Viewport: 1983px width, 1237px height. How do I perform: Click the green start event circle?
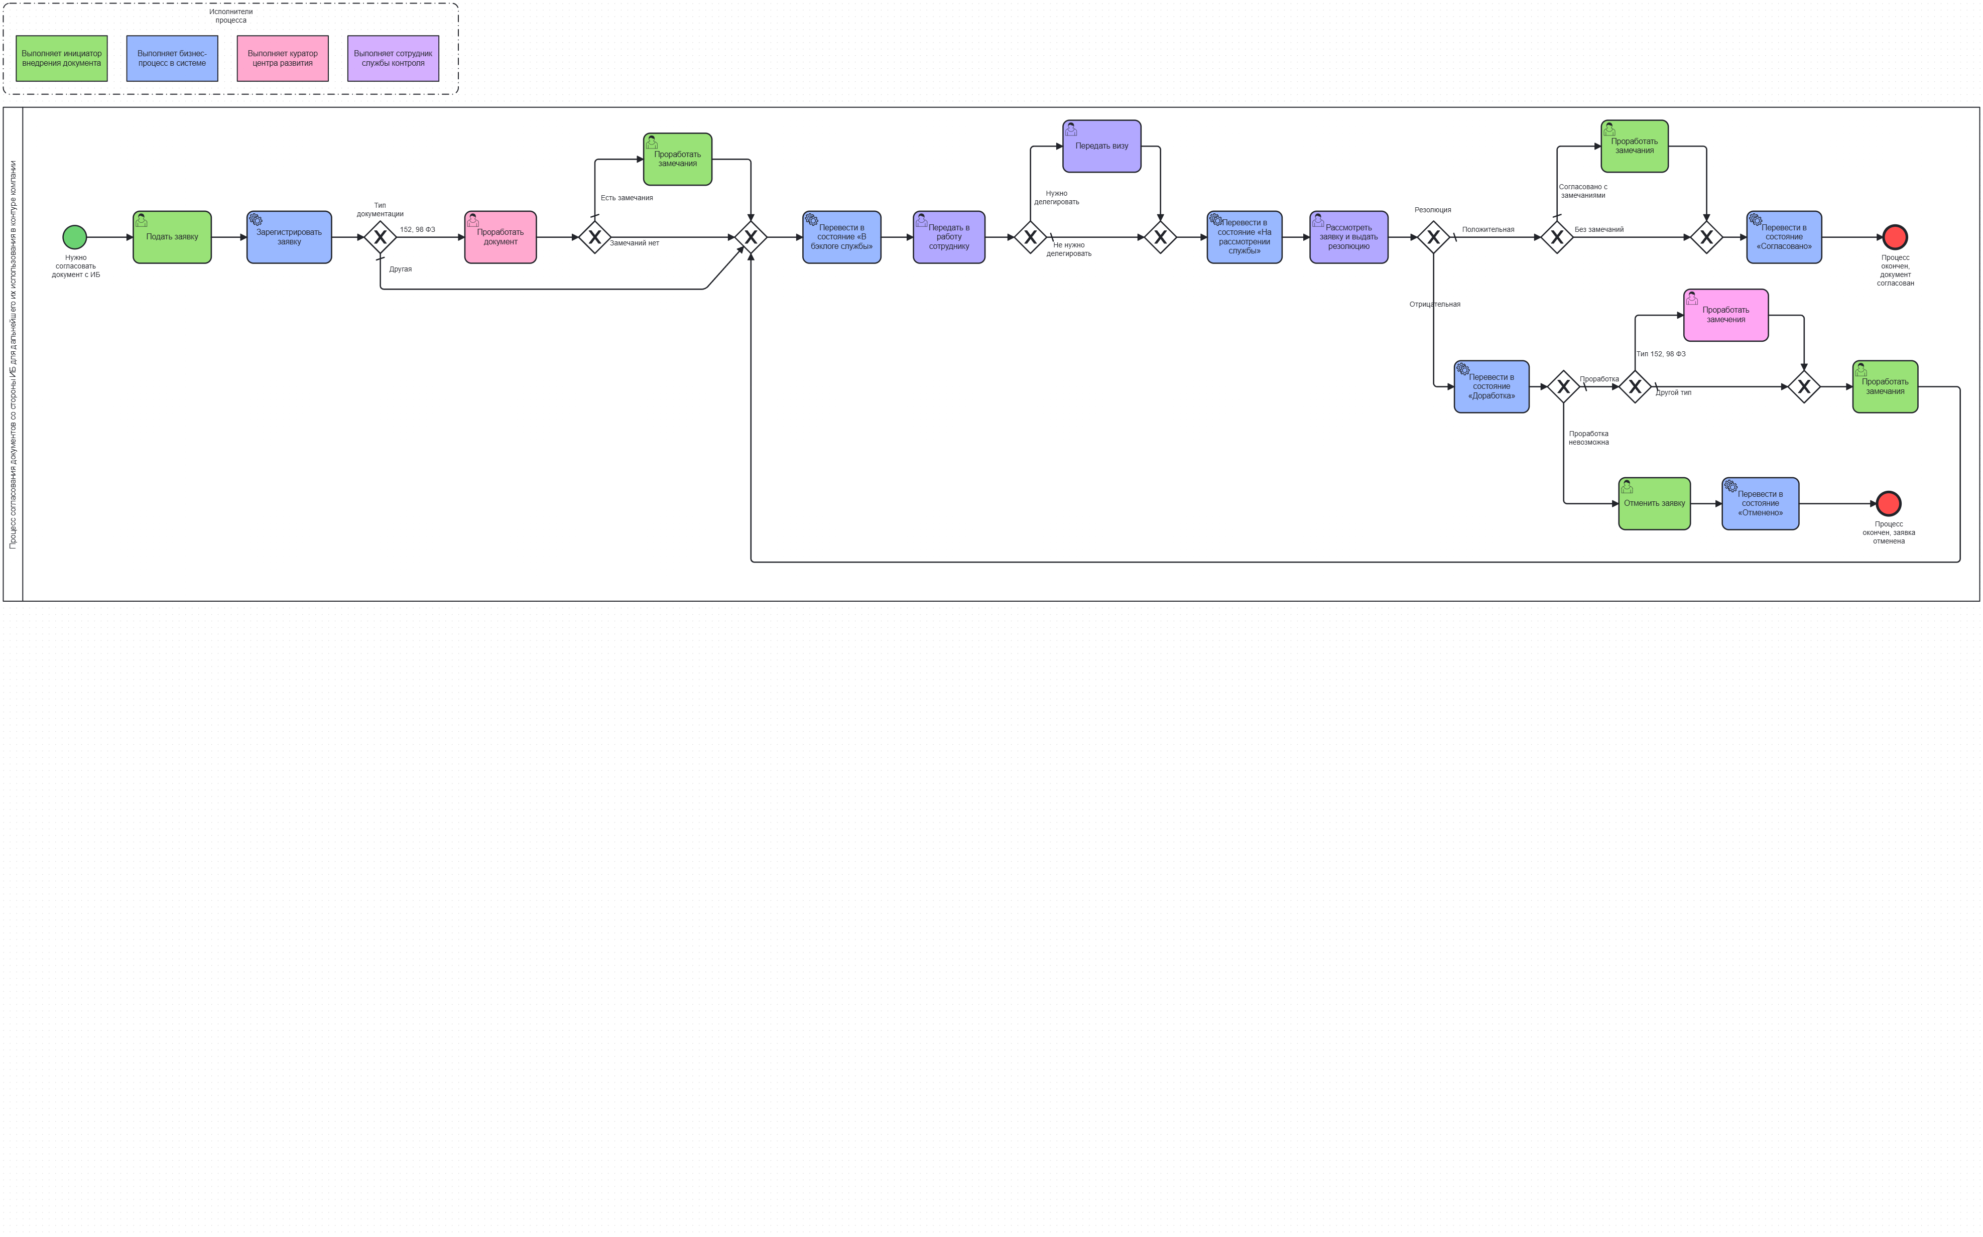coord(74,237)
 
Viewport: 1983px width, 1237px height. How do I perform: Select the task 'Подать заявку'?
coord(172,237)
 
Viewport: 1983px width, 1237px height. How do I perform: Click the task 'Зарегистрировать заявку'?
coord(289,237)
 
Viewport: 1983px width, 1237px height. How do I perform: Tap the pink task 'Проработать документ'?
coord(500,237)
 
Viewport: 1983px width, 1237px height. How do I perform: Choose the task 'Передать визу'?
coord(1101,147)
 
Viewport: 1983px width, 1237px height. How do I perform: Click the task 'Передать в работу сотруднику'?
coord(948,237)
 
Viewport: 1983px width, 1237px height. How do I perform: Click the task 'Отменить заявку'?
coord(1654,504)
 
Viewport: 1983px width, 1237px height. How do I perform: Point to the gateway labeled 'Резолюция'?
coord(1433,237)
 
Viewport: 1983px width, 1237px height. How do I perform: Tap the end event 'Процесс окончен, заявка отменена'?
coord(1888,503)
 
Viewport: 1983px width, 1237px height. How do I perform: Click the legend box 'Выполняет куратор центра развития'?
coord(282,58)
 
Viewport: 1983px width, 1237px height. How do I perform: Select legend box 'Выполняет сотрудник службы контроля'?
coord(393,58)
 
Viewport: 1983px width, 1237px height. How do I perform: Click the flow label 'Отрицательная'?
coord(1435,304)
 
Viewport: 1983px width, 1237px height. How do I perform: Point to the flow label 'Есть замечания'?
coord(627,198)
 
